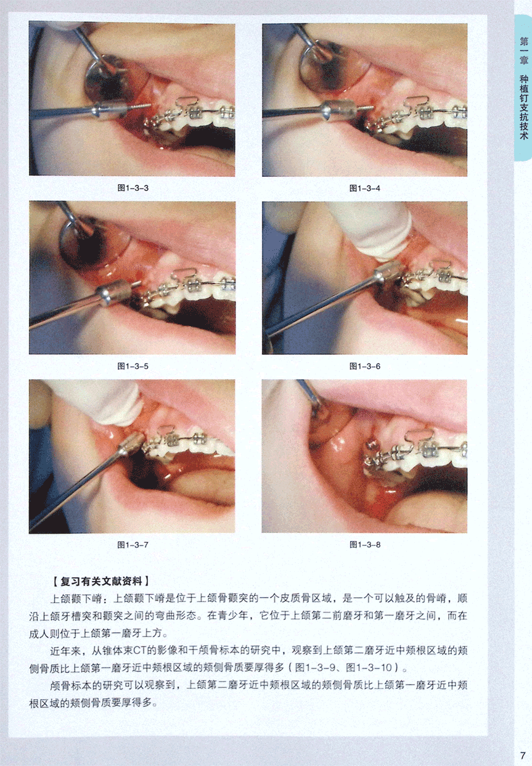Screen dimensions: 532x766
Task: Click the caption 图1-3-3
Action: [133, 188]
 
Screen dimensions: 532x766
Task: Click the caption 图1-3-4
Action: [365, 188]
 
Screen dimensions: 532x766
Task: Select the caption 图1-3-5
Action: [133, 366]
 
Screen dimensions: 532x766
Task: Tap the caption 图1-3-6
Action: [365, 366]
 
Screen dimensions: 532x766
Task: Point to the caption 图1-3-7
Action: [133, 545]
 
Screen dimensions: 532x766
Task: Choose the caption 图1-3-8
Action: [365, 545]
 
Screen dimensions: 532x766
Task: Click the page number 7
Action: [522, 755]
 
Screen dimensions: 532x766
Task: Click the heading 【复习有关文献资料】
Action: [101, 581]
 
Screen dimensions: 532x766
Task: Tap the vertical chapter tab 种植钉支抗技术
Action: [524, 107]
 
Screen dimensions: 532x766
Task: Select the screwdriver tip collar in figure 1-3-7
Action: [131, 444]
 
